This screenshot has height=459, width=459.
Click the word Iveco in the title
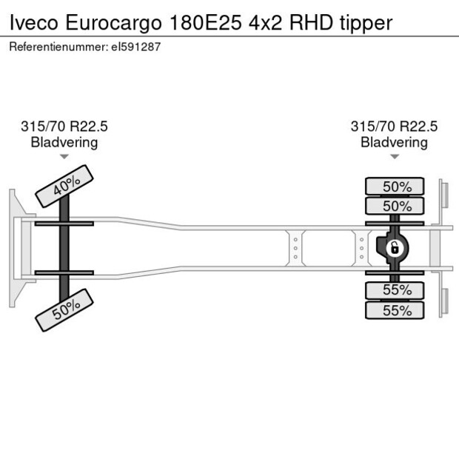[x=33, y=23]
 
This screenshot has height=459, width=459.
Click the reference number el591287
[x=135, y=47]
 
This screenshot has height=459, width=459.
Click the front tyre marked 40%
[x=65, y=186]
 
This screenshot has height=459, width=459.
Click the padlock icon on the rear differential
[x=395, y=247]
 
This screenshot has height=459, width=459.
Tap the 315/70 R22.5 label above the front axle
[x=64, y=127]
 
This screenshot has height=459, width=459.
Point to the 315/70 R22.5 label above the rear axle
[x=394, y=127]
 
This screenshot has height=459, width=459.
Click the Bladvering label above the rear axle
[x=394, y=142]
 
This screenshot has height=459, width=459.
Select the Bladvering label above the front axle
[x=64, y=142]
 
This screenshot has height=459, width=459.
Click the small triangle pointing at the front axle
[x=64, y=157]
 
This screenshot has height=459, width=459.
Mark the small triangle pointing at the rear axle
[x=394, y=157]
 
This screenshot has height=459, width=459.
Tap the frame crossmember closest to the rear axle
[x=362, y=247]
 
